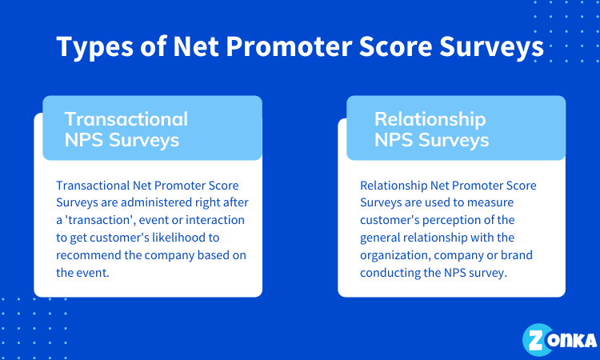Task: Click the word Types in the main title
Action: tap(95, 47)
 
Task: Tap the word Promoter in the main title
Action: tap(289, 46)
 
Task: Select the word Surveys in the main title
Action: tap(491, 47)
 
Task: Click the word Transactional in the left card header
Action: tap(126, 119)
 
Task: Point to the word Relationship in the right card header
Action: tap(430, 119)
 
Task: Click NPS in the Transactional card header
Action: tap(84, 140)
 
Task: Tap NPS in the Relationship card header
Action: tap(394, 140)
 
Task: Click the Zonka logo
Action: tap(559, 340)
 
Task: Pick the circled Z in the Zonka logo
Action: tap(538, 340)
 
